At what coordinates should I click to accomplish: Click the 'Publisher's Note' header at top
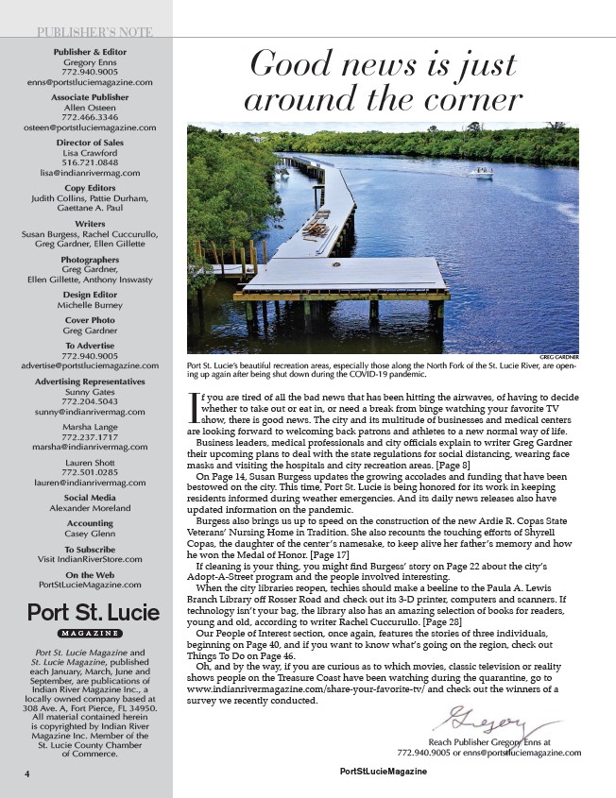92,32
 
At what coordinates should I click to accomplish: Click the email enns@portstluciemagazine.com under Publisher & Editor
91,82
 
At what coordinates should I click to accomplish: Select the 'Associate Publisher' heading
91,97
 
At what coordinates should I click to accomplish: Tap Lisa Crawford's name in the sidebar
91,152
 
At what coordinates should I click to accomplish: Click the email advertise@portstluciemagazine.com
91,365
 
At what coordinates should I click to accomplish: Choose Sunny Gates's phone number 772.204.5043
91,401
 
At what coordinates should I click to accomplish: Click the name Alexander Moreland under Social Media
91,507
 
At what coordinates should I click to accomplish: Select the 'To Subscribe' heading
91,549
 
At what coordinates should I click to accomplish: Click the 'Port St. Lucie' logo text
91,611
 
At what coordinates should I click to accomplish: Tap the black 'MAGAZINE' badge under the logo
91,633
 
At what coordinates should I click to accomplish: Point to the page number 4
29,772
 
